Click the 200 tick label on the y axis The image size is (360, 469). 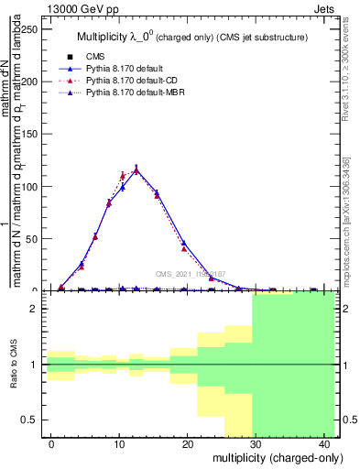coord(33,81)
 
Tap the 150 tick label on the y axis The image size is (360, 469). coord(33,134)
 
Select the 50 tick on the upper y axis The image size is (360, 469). coord(36,239)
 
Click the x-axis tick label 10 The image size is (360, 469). coord(119,443)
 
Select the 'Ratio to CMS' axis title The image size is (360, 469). coord(12,365)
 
